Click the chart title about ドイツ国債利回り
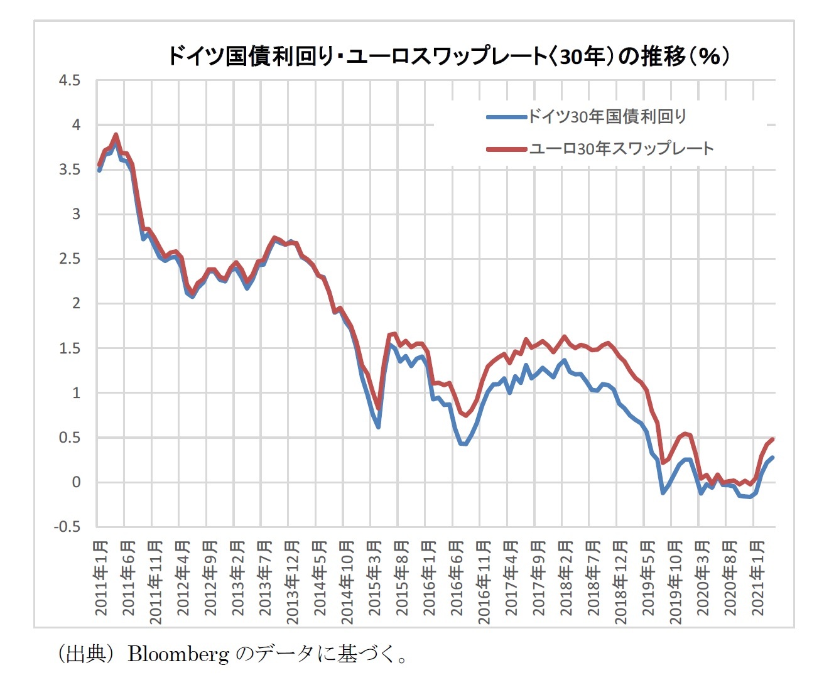pyautogui.click(x=448, y=57)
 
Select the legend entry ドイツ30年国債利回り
pyautogui.click(x=607, y=116)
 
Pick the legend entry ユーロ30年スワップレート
pyautogui.click(x=621, y=149)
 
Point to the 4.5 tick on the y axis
pyautogui.click(x=69, y=80)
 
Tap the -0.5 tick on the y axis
pyautogui.click(x=67, y=527)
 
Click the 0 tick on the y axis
pyautogui.click(x=76, y=482)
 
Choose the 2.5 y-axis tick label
pyautogui.click(x=69, y=259)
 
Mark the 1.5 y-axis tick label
pyautogui.click(x=69, y=348)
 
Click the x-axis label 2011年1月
pyautogui.click(x=100, y=578)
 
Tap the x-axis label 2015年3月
pyautogui.click(x=374, y=578)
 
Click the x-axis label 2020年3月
pyautogui.click(x=703, y=578)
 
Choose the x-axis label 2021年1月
pyautogui.click(x=757, y=578)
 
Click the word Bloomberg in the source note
pyautogui.click(x=178, y=654)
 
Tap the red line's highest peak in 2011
pyautogui.click(x=116, y=134)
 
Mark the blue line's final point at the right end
pyautogui.click(x=772, y=458)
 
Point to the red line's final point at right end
pyautogui.click(x=772, y=439)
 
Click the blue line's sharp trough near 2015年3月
pyautogui.click(x=379, y=427)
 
